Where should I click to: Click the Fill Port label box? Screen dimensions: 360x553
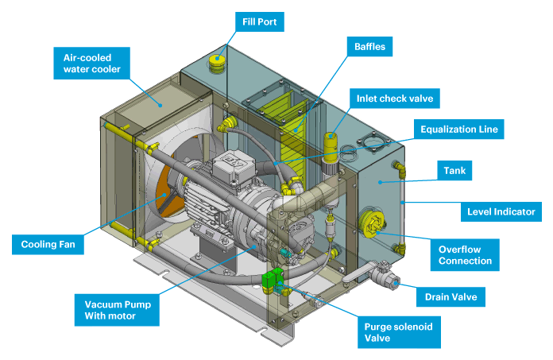pyautogui.click(x=259, y=21)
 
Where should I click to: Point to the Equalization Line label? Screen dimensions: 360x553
pyautogui.click(x=461, y=129)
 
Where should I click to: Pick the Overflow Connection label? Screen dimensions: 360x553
pyautogui.click(x=466, y=255)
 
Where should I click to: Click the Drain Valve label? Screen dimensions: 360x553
pyautogui.click(x=451, y=297)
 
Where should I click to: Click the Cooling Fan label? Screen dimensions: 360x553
pyautogui.click(x=48, y=243)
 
